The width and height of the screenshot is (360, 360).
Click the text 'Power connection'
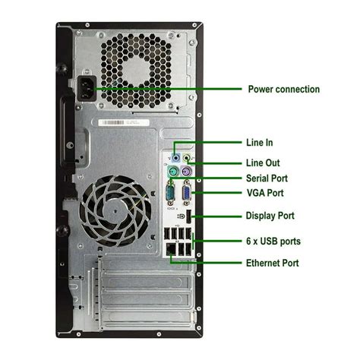pos(283,90)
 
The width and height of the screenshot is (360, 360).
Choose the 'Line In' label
pos(259,142)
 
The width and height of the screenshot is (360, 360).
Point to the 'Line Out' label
pos(263,163)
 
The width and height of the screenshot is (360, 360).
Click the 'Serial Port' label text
pos(267,178)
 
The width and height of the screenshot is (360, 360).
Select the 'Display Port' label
pos(270,216)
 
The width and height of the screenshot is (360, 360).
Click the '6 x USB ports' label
pos(273,242)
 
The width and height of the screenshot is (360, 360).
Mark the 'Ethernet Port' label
pos(272,263)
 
